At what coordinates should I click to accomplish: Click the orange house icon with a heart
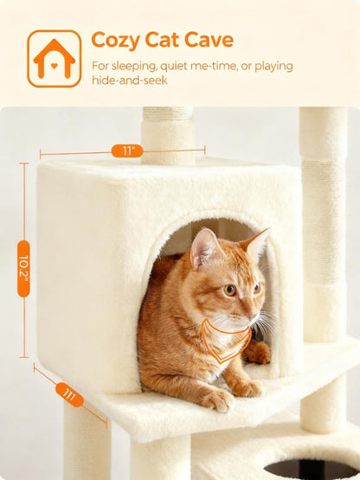54,59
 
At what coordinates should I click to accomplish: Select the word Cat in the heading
167,41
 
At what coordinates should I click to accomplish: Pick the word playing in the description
268,66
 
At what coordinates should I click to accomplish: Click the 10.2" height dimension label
23,268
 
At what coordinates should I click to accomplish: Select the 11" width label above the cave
127,150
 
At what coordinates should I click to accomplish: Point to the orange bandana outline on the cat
220,341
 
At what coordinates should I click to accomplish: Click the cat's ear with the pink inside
206,248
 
